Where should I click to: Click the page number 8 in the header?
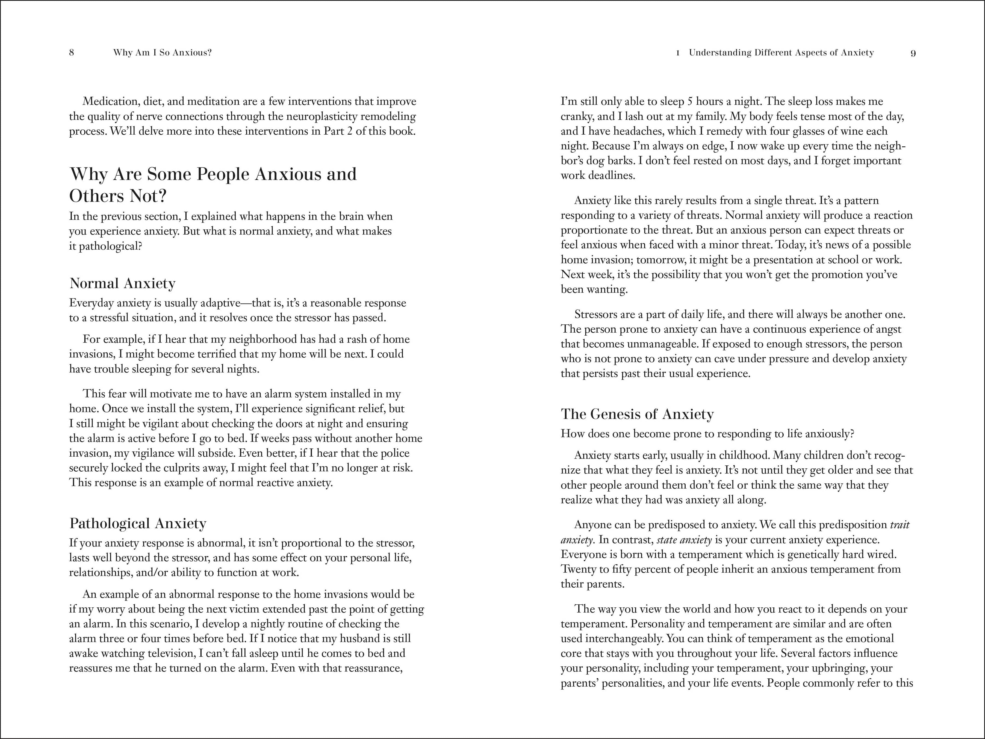click(72, 52)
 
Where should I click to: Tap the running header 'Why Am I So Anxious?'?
click(162, 52)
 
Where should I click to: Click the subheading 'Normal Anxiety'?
click(122, 283)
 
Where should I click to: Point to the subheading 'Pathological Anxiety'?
click(138, 523)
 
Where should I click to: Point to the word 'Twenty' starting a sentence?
click(576, 569)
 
